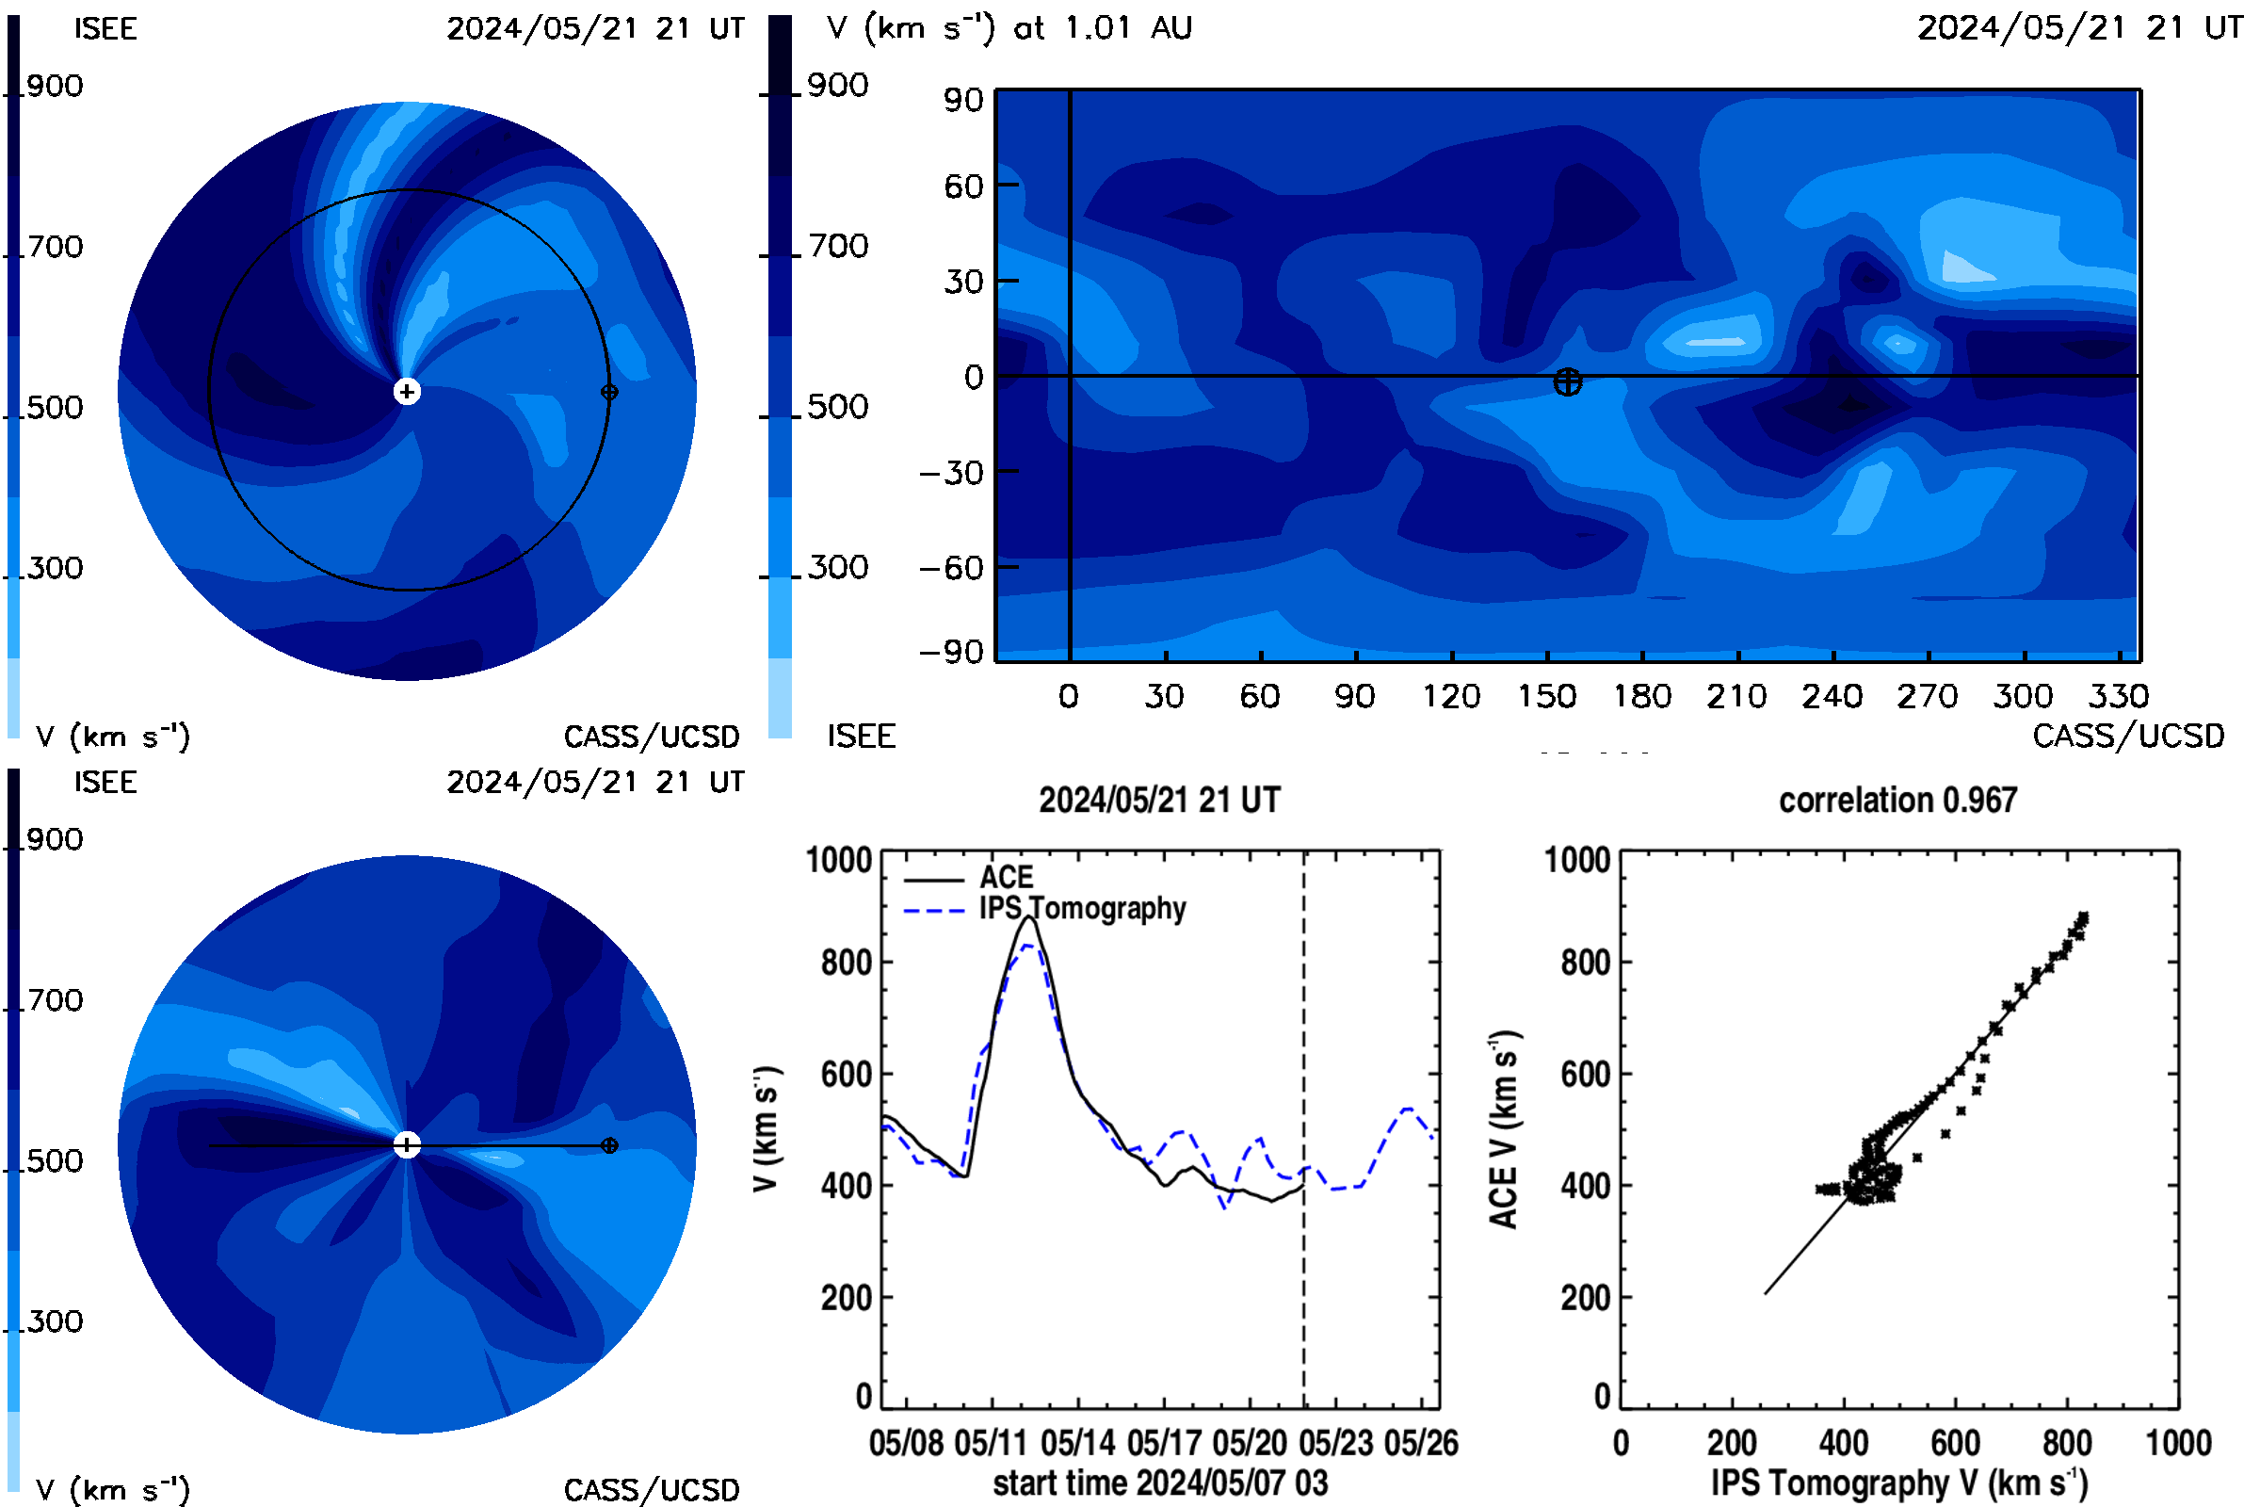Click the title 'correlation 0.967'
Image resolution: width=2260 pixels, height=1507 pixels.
(1897, 801)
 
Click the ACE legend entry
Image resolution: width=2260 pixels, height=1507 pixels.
(969, 878)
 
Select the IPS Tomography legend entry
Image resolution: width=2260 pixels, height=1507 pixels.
(1045, 908)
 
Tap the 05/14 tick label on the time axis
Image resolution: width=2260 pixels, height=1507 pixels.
(1077, 1443)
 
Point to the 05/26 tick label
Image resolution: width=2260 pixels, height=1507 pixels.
(1421, 1443)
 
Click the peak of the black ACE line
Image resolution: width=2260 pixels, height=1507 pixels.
(1029, 916)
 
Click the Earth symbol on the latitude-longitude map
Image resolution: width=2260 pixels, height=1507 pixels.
(1567, 381)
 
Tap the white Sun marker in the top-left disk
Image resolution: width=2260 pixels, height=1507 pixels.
(408, 391)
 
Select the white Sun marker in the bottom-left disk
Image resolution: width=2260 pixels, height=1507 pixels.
(408, 1144)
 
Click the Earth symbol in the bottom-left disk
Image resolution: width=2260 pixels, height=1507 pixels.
(609, 1145)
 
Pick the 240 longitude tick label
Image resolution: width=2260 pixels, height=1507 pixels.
(1832, 697)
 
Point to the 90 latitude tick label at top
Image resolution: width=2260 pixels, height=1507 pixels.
(962, 100)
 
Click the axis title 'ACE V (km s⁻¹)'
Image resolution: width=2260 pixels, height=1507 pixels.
(1504, 1129)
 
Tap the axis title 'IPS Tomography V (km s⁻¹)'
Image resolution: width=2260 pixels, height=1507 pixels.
(1899, 1483)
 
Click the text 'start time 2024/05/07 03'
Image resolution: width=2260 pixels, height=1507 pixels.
(1161, 1483)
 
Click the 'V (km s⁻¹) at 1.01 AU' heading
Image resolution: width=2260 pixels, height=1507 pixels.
(1009, 28)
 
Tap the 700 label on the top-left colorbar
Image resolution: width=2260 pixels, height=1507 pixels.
(55, 247)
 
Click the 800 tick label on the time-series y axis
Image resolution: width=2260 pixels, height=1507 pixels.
(847, 962)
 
